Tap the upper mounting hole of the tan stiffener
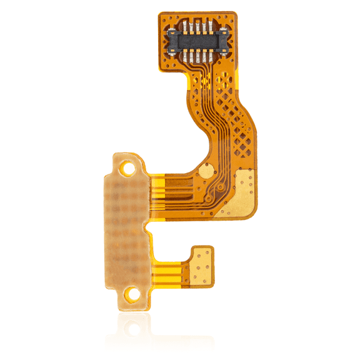pyautogui.click(x=129, y=167)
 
